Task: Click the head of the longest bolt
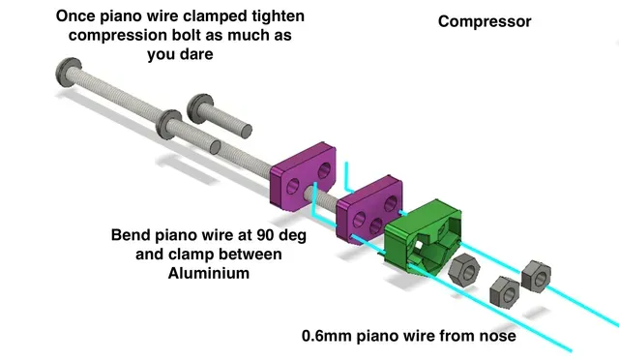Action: coord(69,73)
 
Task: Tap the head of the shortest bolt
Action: coord(200,108)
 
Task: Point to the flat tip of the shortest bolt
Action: coord(247,132)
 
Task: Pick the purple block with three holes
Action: coord(369,209)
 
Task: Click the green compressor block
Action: coord(423,237)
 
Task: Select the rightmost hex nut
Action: coord(536,276)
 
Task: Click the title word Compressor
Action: coord(485,21)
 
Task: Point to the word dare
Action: coord(196,54)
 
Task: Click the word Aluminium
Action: coord(209,273)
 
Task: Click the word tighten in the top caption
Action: coord(278,16)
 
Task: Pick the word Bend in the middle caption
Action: coord(130,235)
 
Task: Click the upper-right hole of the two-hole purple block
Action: coord(324,170)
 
